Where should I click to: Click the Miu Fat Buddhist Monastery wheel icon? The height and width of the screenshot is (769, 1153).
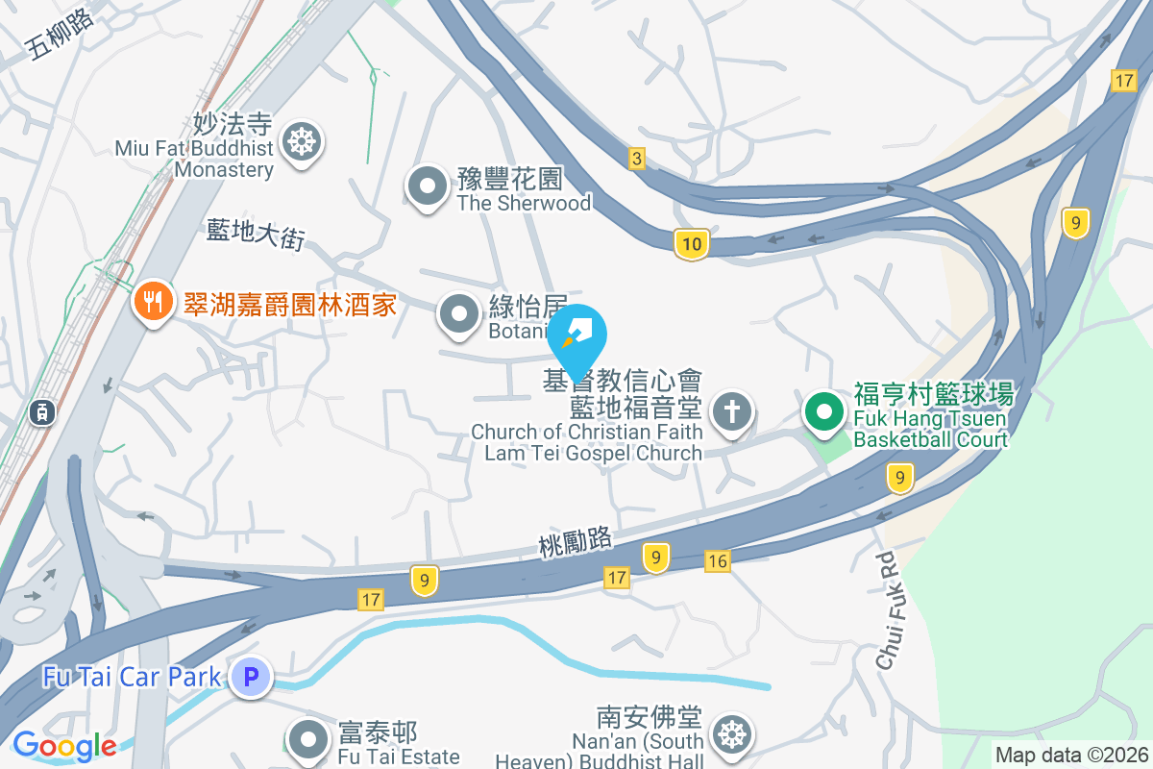[302, 143]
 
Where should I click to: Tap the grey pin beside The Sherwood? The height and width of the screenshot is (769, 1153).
[425, 186]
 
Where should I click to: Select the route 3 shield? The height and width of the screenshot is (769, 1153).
[636, 159]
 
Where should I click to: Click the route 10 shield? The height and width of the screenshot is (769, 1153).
[691, 245]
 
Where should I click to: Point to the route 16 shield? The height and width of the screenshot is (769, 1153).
[717, 560]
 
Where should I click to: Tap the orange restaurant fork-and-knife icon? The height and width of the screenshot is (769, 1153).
[152, 301]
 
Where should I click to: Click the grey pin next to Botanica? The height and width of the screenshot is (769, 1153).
[459, 313]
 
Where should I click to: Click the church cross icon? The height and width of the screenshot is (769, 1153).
[731, 413]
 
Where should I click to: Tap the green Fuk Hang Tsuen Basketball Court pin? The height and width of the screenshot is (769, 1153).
[823, 413]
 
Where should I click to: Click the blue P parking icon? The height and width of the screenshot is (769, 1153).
[251, 678]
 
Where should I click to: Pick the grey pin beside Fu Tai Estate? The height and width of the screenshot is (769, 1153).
[308, 740]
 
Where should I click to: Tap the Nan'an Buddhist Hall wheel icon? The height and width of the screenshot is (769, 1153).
[731, 735]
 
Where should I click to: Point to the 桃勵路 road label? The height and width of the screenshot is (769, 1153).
[576, 543]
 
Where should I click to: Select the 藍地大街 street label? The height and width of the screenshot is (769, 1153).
[255, 235]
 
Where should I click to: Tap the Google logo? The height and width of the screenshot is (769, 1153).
[64, 746]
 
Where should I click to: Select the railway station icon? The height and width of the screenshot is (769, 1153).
[41, 412]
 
